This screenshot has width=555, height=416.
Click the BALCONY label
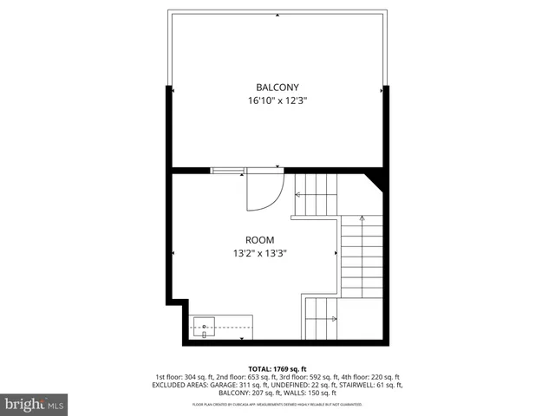(x=277, y=88)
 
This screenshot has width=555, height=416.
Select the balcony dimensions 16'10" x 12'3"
(x=277, y=101)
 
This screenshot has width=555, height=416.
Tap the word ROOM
(x=259, y=240)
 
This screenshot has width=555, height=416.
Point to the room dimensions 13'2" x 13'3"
(x=259, y=254)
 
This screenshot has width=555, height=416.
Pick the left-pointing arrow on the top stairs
(x=299, y=193)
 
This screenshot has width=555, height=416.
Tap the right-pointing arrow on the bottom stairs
(x=332, y=318)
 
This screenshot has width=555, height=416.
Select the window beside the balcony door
(x=228, y=171)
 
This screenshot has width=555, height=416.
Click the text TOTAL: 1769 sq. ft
(x=277, y=368)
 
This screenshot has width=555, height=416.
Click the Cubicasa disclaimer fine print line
(x=277, y=405)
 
